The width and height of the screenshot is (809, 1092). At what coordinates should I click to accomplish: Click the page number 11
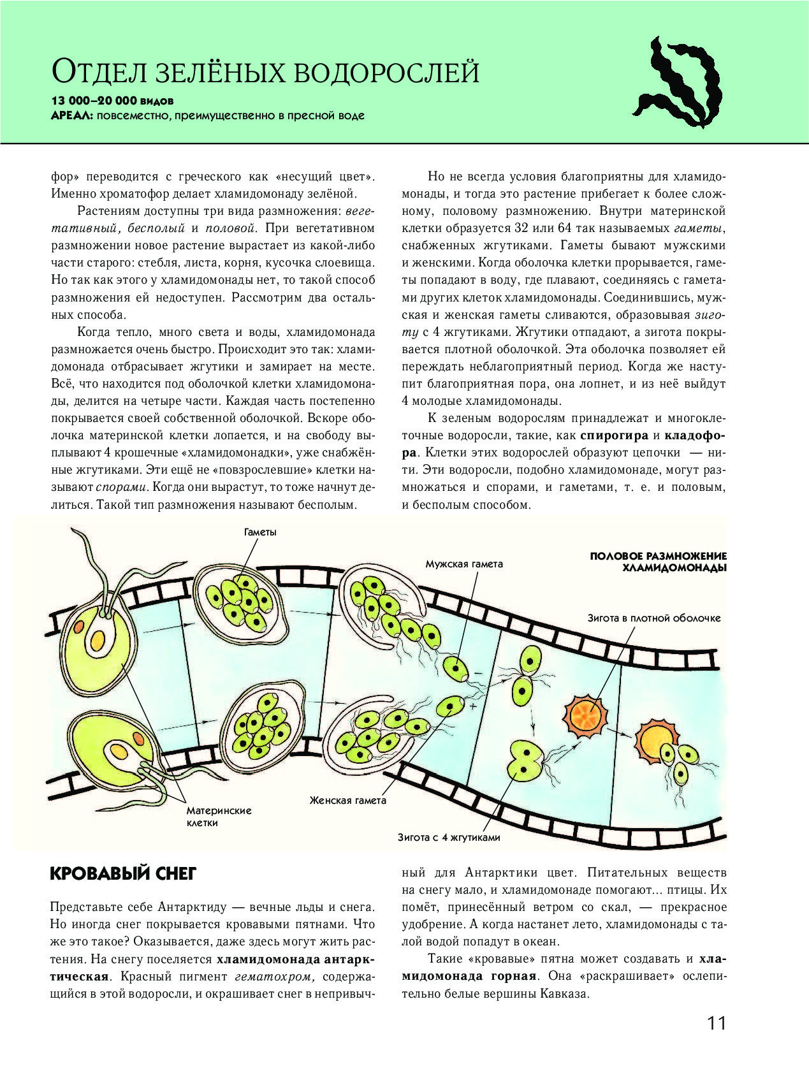coord(716,1023)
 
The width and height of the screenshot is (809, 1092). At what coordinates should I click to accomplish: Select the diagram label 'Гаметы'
coord(260,532)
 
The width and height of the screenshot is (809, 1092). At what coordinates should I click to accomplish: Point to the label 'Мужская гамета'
coord(464,564)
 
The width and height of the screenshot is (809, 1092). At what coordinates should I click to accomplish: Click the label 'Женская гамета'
coord(348,800)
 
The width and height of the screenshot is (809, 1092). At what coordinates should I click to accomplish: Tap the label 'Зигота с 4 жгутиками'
coord(449,838)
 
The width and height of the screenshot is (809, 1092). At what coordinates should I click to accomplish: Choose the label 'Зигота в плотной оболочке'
coord(654,618)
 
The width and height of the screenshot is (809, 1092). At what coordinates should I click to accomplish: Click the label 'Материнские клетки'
coord(219,817)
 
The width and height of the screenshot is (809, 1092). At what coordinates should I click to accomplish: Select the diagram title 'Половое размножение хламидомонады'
coord(659,562)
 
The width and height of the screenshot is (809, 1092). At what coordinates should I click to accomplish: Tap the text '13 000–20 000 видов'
coord(112,101)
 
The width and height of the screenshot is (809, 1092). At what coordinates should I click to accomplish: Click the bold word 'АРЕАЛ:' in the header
coord(72,116)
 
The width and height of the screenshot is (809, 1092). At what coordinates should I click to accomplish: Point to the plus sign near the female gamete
coord(473,707)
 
